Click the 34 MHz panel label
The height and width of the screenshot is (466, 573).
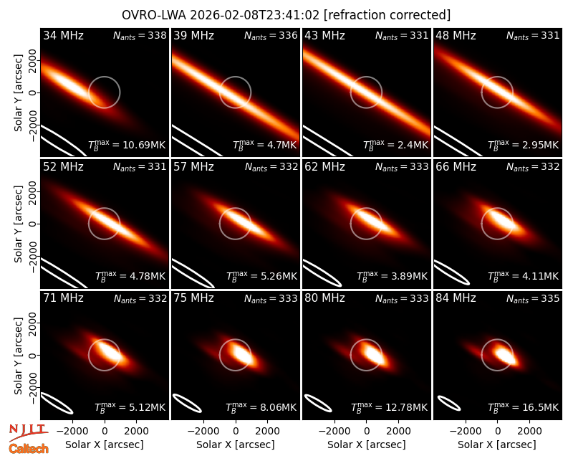click(x=63, y=35)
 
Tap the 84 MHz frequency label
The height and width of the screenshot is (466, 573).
click(x=456, y=298)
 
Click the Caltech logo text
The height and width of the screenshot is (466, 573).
click(x=29, y=449)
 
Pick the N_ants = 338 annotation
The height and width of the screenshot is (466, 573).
click(x=140, y=35)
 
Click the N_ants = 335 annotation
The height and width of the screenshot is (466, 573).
click(x=533, y=299)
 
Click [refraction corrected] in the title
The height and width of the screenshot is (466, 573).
click(x=387, y=15)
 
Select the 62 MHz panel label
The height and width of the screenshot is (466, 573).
click(x=325, y=167)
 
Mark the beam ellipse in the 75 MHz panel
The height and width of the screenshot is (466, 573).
click(x=187, y=403)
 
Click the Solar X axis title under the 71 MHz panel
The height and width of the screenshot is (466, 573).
click(x=105, y=444)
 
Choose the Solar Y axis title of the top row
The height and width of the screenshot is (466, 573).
click(x=18, y=93)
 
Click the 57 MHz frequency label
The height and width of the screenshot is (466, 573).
click(x=193, y=167)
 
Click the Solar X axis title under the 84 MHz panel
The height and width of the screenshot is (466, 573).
click(x=497, y=444)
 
